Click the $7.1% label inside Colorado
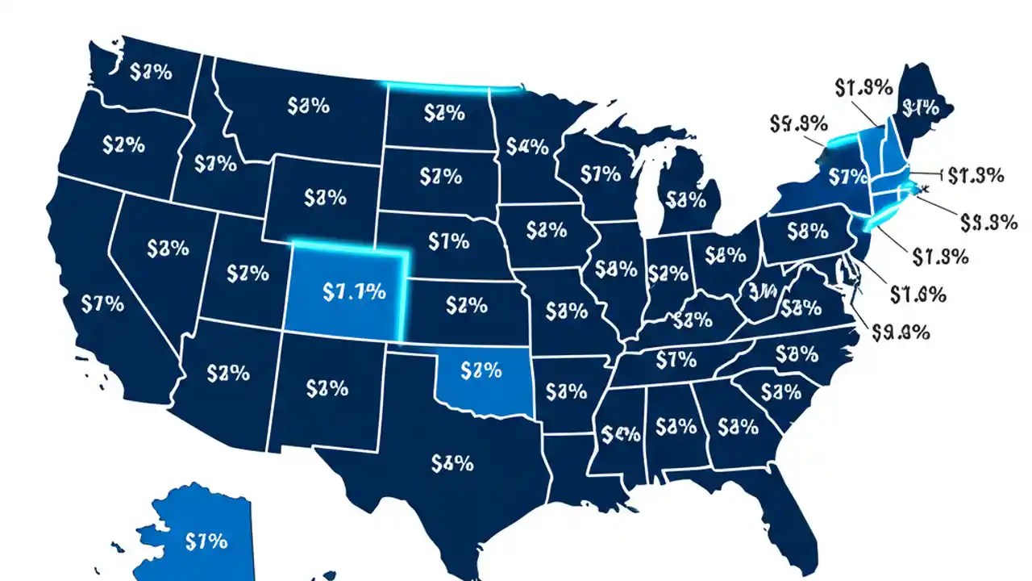[353, 292]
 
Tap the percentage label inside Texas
[451, 463]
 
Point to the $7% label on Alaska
[206, 541]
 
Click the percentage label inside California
[102, 304]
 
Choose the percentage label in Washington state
[151, 72]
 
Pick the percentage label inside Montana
[307, 105]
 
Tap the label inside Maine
[920, 106]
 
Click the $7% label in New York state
[847, 175]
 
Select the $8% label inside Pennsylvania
[807, 232]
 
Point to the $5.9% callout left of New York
[798, 123]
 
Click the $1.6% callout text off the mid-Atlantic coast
[918, 295]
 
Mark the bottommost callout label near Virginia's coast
[902, 331]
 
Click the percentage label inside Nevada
[169, 247]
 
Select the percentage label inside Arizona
[227, 373]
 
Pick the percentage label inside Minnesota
[527, 147]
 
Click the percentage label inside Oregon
[123, 145]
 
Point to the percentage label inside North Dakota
[443, 114]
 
